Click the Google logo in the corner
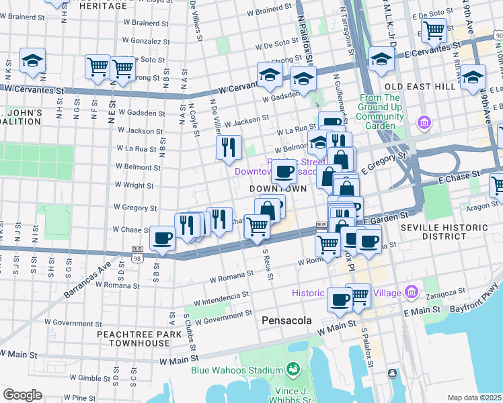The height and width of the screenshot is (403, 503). (22, 395)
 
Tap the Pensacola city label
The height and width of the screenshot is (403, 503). (286, 320)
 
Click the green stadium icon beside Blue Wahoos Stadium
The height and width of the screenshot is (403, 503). (293, 369)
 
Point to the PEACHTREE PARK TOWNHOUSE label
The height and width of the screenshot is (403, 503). (133, 338)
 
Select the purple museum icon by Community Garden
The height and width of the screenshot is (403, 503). (424, 122)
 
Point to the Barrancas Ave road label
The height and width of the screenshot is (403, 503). (87, 279)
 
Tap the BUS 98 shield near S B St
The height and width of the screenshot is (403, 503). (137, 254)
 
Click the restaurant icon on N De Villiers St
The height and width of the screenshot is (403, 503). (229, 147)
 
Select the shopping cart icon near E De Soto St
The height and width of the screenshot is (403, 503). (434, 30)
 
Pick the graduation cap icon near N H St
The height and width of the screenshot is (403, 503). (32, 61)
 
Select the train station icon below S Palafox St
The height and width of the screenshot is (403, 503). (391, 373)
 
